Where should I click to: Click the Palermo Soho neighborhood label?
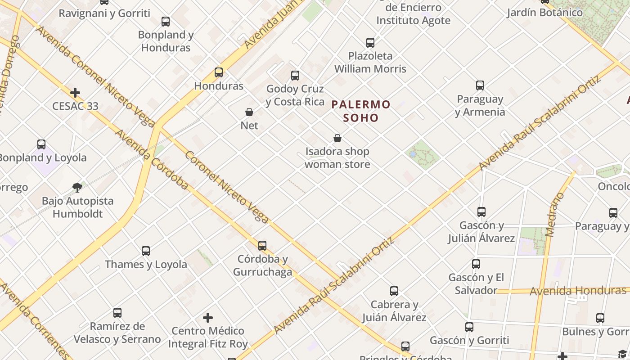click(361, 111)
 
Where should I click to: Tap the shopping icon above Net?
click(249, 112)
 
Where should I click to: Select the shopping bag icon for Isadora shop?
click(337, 138)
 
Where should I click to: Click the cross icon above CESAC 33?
click(75, 93)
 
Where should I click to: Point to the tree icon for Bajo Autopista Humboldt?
click(77, 187)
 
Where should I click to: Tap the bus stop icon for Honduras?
click(219, 72)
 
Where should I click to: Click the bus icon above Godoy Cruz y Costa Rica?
click(295, 75)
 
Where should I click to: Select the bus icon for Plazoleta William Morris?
click(370, 43)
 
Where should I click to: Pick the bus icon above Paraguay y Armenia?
click(480, 85)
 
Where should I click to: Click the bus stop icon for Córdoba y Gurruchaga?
click(262, 246)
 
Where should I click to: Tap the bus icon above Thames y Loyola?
click(146, 251)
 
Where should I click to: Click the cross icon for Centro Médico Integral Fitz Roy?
click(208, 318)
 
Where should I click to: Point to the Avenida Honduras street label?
click(578, 291)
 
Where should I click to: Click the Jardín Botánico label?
click(544, 12)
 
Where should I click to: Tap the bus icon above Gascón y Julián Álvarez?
click(481, 211)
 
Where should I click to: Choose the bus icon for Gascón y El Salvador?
click(476, 264)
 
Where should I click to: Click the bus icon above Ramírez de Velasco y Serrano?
click(117, 313)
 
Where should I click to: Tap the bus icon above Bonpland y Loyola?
click(41, 144)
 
